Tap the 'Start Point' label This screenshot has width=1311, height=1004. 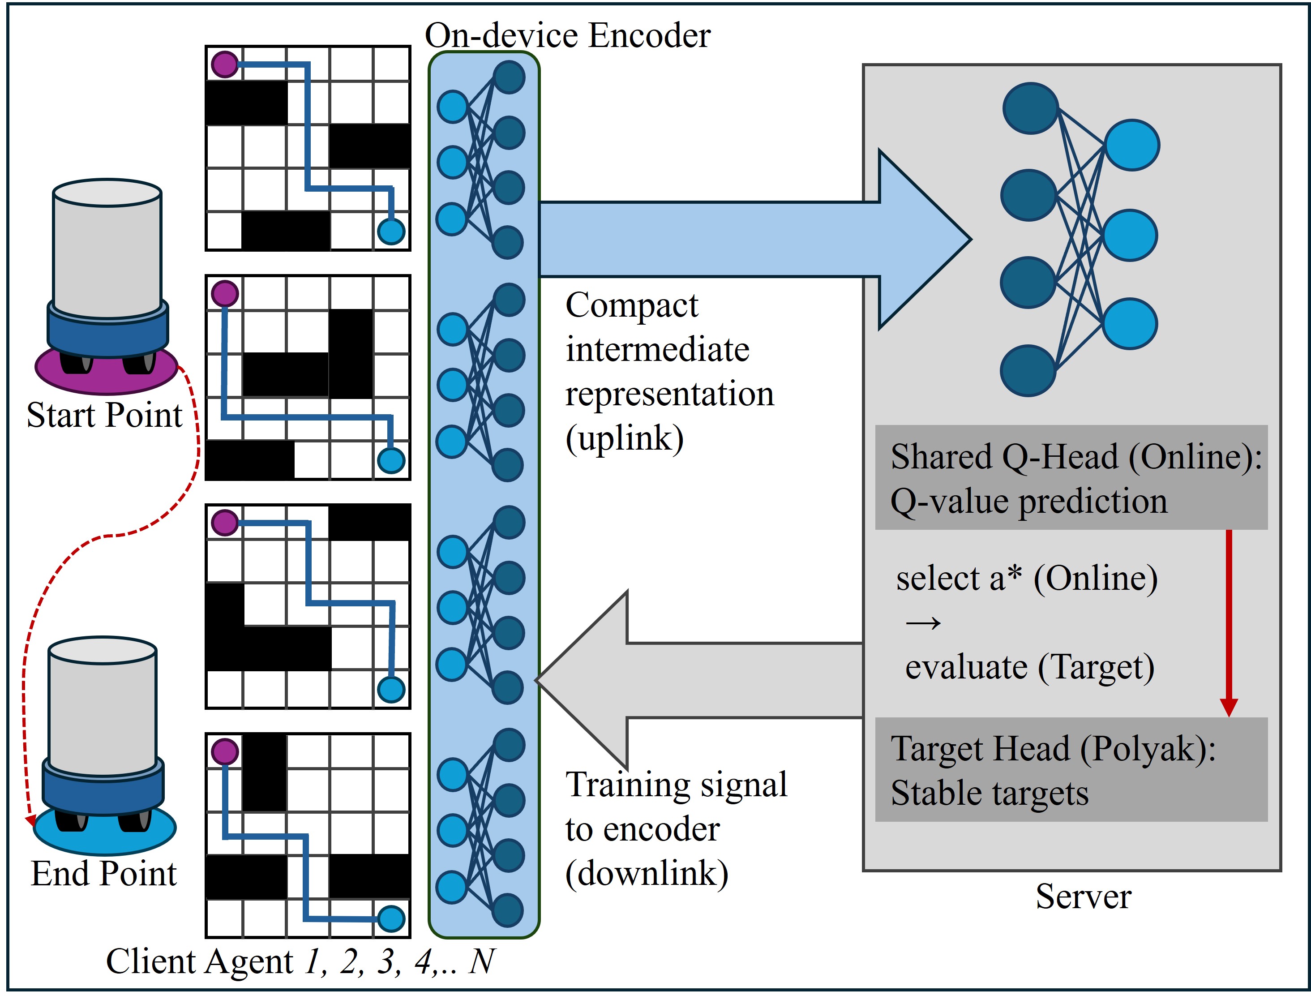[105, 415]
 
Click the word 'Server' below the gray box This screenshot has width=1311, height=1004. [1084, 897]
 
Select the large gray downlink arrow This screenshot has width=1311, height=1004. [699, 680]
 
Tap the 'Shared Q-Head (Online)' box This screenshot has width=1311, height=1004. [1071, 477]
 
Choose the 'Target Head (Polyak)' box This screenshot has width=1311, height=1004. [1071, 770]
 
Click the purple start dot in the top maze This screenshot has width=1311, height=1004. [225, 64]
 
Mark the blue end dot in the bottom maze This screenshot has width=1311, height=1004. [391, 918]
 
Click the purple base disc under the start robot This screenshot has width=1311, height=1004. [107, 373]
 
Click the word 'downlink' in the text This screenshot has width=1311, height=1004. [647, 873]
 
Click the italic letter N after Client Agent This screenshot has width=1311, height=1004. [482, 961]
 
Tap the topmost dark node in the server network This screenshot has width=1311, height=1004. [1031, 108]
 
